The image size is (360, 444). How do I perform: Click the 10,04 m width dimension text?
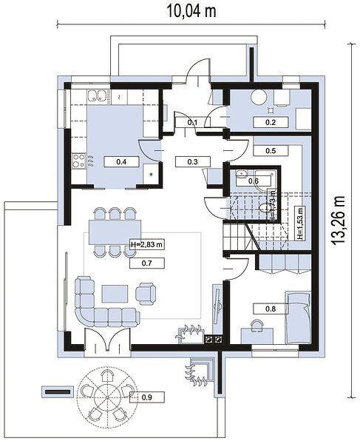pyautogui.click(x=191, y=11)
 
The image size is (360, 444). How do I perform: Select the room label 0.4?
pyautogui.click(x=121, y=162)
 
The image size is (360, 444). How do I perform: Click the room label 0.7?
pyautogui.click(x=147, y=263)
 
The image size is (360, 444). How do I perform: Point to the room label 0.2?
pyautogui.click(x=271, y=122)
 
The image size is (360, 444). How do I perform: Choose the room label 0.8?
pyautogui.click(x=271, y=309)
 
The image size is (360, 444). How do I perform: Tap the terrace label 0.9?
pyautogui.click(x=147, y=397)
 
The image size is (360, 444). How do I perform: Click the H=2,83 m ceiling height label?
pyautogui.click(x=147, y=244)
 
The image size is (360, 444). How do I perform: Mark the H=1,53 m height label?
pyautogui.click(x=300, y=223)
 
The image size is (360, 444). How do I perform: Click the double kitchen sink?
pyautogui.click(x=97, y=95)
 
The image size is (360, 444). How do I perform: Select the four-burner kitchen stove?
pyautogui.click(x=79, y=161)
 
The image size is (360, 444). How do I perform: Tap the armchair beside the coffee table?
pyautogui.click(x=146, y=294)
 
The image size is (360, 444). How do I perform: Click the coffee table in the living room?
pyautogui.click(x=115, y=294)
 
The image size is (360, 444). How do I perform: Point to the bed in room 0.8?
pyautogui.click(x=298, y=317)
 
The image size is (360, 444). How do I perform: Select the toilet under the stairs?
pyautogui.click(x=264, y=207)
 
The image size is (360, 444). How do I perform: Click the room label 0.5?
pyautogui.click(x=271, y=151)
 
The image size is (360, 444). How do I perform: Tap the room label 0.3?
pyautogui.click(x=193, y=162)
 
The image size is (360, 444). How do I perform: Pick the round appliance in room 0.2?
pyautogui.click(x=259, y=97)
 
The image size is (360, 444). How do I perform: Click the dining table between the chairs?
pyautogui.click(x=115, y=232)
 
